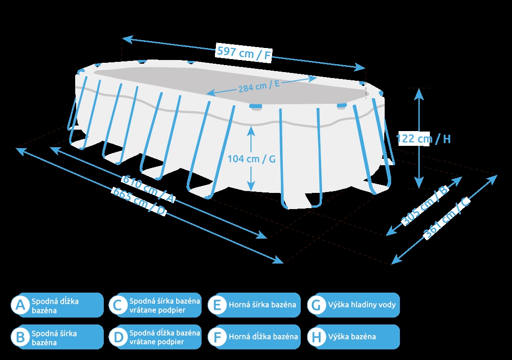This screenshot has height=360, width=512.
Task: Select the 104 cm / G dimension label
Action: coord(251,159)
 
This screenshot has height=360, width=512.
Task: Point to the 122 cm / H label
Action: coord(423,138)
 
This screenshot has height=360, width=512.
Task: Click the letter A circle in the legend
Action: coord(20,305)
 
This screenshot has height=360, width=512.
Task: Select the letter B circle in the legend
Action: coord(20,337)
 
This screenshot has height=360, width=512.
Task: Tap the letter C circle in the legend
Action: coord(118,305)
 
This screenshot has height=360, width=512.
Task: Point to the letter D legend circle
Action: coord(118,337)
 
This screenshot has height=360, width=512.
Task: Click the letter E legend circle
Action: coord(217,305)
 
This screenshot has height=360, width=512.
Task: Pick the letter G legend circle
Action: coord(316,305)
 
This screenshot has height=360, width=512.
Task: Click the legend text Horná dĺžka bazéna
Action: coord(263,337)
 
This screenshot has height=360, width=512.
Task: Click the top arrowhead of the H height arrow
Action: coord(419,92)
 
